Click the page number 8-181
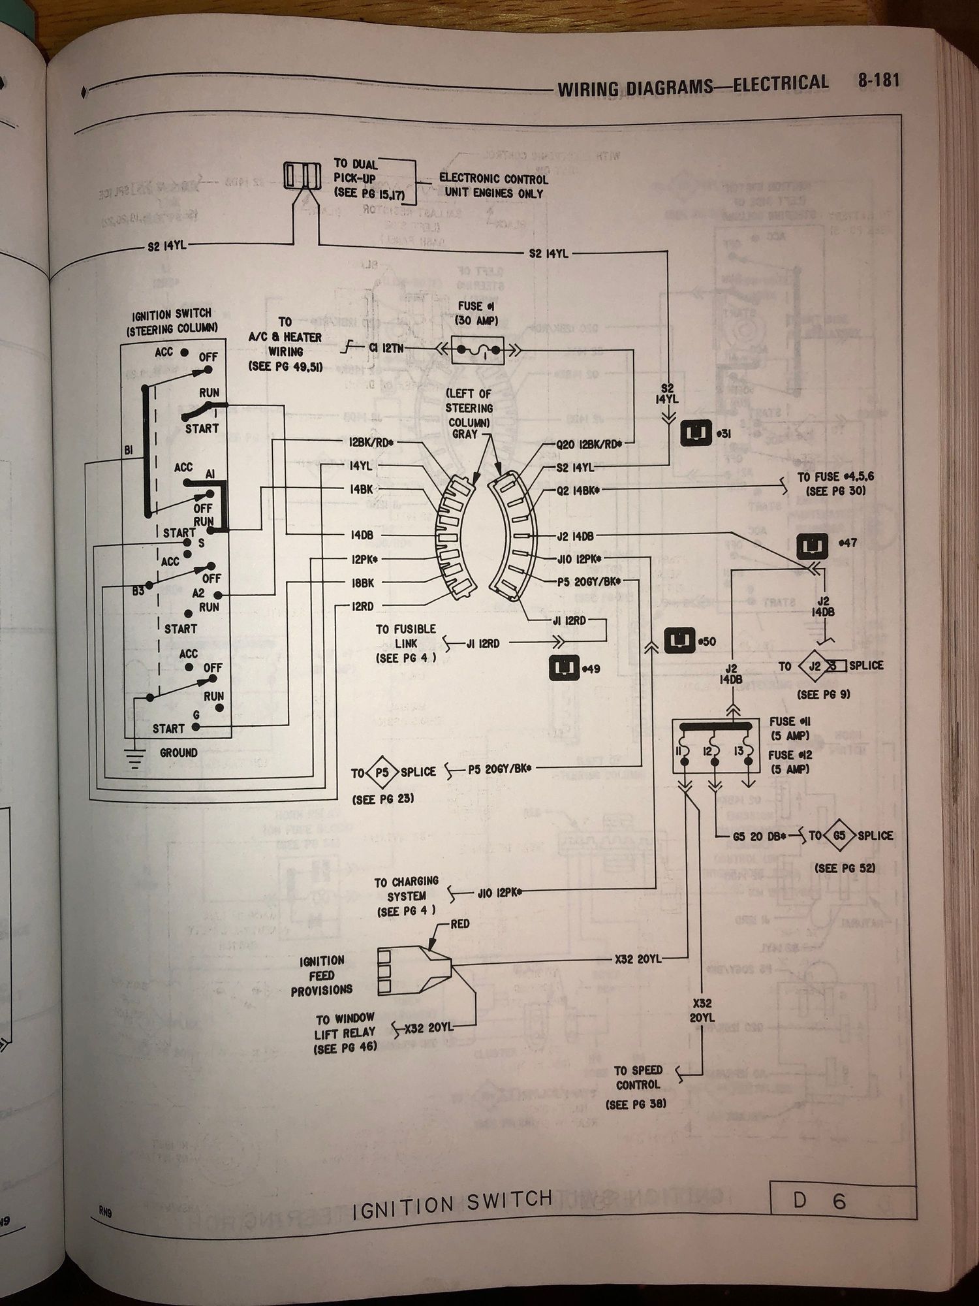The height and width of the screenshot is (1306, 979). [878, 80]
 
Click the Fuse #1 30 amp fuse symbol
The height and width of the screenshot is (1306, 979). [478, 351]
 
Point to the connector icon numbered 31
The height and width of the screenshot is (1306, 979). [696, 433]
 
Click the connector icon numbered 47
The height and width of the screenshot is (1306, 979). [813, 546]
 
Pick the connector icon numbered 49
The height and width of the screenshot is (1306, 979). [564, 668]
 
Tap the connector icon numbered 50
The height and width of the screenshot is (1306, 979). [679, 641]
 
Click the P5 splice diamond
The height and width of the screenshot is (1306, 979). [382, 772]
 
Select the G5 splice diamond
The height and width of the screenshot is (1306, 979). [839, 836]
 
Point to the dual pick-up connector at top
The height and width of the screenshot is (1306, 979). [302, 175]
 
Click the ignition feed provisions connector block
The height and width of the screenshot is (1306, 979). [408, 968]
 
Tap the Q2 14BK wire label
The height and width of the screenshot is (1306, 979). [578, 490]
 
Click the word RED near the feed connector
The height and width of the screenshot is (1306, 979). [459, 924]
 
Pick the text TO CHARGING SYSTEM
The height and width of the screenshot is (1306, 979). [406, 889]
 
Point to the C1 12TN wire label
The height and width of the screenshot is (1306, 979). [386, 349]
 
